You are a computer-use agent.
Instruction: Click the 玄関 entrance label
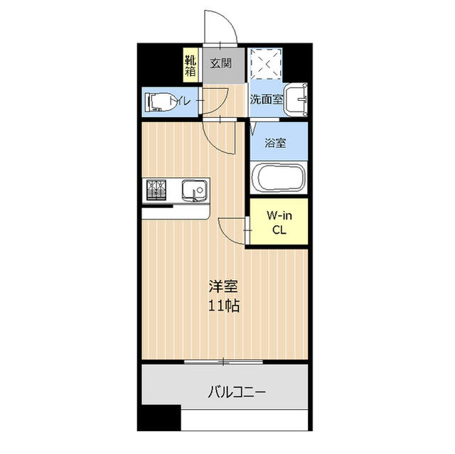221,63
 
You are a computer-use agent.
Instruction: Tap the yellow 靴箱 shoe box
191,65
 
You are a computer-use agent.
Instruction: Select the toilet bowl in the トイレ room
161,102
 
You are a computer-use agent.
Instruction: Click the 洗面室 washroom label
267,99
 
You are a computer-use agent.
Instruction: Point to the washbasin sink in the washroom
296,99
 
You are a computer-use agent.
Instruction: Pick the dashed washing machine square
266,64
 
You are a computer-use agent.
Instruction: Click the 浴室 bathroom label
275,143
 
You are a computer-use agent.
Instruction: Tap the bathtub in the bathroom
278,177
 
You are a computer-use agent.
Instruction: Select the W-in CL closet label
279,222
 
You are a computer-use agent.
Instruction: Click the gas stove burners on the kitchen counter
156,190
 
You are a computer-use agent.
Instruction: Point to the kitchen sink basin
195,190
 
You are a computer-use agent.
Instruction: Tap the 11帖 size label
224,306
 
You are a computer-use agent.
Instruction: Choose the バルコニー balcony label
237,392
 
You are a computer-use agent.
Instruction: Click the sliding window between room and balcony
223,362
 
